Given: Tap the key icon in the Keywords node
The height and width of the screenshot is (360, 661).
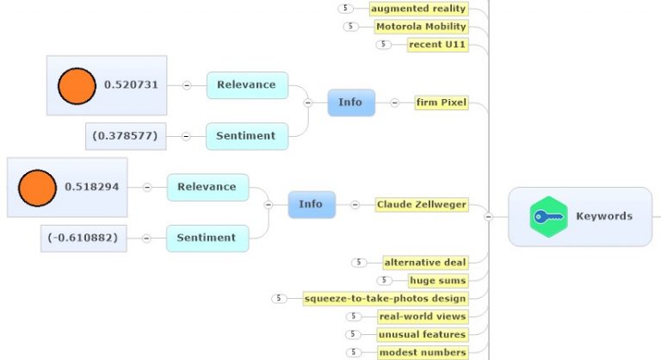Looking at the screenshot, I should tap(548, 217).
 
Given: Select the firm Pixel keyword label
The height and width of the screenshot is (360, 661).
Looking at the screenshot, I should tap(441, 102).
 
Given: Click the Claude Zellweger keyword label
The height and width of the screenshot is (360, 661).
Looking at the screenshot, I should tap(422, 205).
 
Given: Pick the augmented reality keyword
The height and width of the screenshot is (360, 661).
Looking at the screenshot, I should tap(418, 9).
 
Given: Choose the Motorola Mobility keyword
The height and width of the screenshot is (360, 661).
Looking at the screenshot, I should tap(421, 27).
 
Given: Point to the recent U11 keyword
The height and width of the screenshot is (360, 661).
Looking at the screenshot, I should tap(437, 45).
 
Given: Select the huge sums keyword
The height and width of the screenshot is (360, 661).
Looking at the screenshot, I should tap(437, 280).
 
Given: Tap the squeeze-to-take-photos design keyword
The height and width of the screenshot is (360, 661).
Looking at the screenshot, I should tap(385, 299).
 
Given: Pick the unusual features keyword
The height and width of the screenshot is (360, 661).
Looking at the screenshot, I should tap(422, 334).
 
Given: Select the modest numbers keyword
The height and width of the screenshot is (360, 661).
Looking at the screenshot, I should tap(423, 352).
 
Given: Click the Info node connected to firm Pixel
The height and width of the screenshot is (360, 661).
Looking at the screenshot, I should tap(350, 102).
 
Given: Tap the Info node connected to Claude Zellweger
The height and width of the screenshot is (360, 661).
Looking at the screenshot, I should tap(311, 204).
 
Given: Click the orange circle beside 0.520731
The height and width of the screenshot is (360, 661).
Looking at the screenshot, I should tap(76, 85).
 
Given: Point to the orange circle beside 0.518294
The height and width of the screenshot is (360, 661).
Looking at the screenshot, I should tap(36, 187).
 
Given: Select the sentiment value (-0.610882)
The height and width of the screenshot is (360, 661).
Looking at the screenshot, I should tap(83, 238).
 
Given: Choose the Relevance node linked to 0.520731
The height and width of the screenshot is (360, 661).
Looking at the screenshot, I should tap(246, 85).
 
